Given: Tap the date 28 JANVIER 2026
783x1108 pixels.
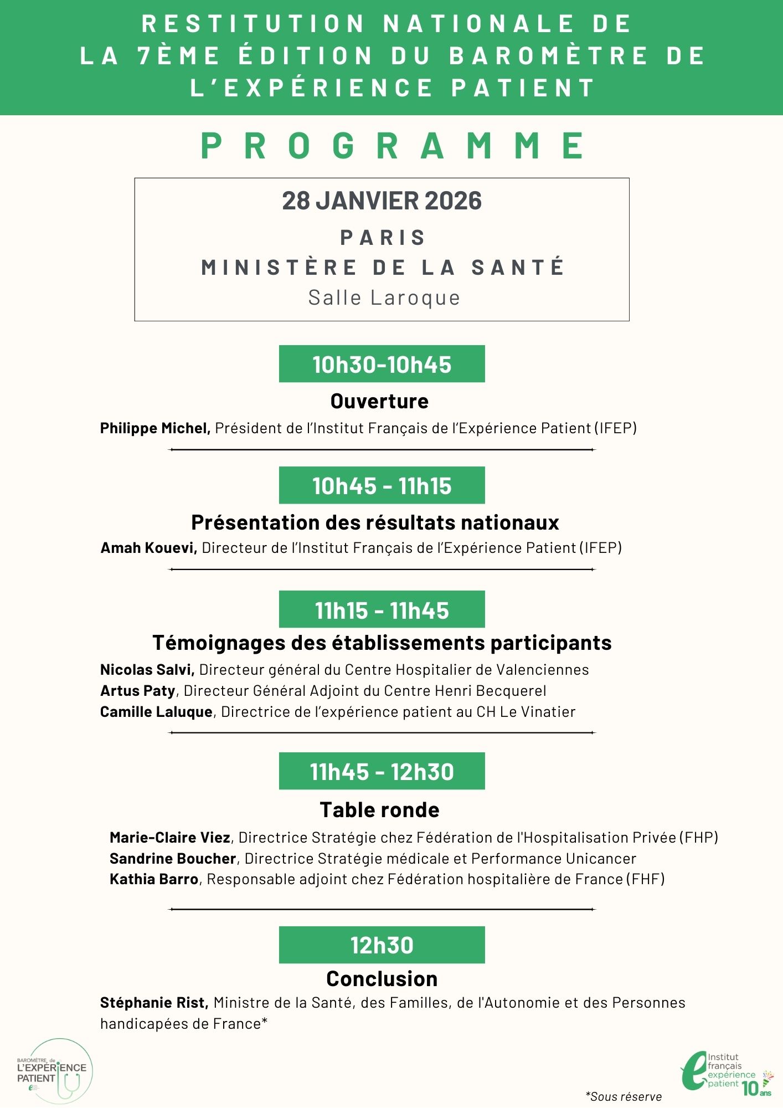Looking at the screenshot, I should pos(382,201).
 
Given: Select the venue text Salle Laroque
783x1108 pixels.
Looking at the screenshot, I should pos(384,298).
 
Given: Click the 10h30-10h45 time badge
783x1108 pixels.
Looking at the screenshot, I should pos(382,364).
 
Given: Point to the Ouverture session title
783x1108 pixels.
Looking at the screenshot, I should pos(379,401).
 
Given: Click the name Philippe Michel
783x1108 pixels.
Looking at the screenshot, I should pos(154,428).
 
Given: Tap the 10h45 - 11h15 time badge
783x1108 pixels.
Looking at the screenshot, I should pos(382,485).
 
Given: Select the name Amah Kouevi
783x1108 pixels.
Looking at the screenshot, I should pos(148,548).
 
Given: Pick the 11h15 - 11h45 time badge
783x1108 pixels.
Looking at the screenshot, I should pos(382,609).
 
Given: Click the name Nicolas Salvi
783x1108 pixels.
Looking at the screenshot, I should pos(147,670).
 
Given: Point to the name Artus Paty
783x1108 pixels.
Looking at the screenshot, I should pos(137,691).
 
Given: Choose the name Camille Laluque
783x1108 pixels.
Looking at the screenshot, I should pos(156,712).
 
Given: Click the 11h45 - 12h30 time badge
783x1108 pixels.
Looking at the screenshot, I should pos(382,771).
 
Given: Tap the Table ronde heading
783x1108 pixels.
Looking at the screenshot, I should pos(379,810).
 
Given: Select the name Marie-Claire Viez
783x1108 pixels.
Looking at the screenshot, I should pos(170,838).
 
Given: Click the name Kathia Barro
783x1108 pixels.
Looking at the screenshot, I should pos(154,879).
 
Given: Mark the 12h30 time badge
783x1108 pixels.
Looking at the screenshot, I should pos(382,945).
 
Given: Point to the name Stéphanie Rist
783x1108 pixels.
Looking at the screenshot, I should pos(153,1003).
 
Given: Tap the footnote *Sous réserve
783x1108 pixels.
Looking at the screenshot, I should pos(624,1096).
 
